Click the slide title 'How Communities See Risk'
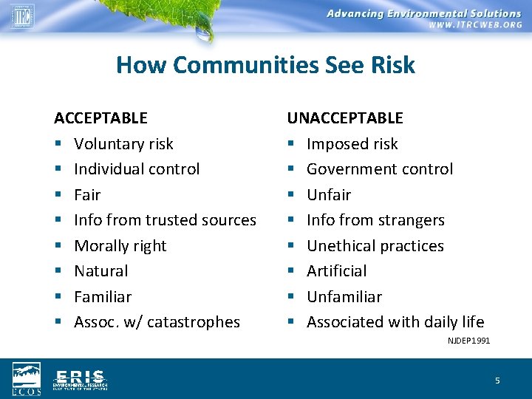[265, 65]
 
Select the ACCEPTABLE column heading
[100, 118]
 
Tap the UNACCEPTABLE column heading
[345, 118]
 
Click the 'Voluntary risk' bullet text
[123, 144]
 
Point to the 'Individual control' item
[137, 169]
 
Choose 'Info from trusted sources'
[165, 220]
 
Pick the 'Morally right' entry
[120, 246]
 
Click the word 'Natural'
[101, 271]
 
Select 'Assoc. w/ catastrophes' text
[157, 322]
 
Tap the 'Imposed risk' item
[352, 144]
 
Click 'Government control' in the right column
[379, 169]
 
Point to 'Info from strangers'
[375, 220]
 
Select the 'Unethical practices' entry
[375, 246]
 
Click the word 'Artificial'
[336, 271]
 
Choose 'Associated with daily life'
[395, 322]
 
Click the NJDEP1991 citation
[468, 341]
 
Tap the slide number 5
[497, 381]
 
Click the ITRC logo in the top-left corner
[22, 15]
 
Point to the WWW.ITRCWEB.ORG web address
[474, 25]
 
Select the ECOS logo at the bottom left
[27, 378]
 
